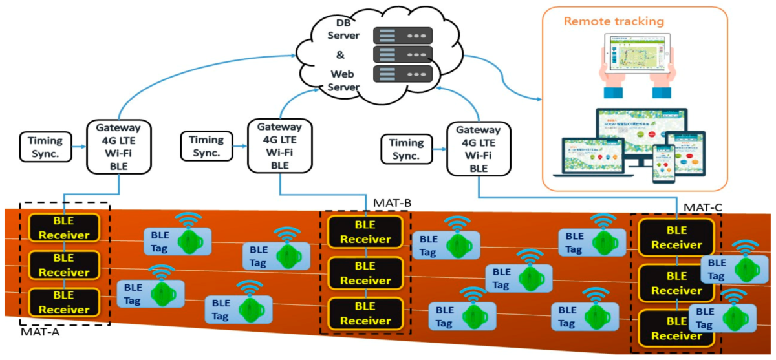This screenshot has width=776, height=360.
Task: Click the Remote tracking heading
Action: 614,21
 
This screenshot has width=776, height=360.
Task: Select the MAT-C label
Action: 703,207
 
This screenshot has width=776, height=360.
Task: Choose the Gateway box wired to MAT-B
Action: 279,146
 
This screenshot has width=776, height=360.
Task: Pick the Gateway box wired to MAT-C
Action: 479,149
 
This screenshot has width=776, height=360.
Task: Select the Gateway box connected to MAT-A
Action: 118,147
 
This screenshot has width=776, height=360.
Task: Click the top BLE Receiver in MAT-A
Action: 64,228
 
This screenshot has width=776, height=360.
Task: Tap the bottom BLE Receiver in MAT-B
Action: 365,313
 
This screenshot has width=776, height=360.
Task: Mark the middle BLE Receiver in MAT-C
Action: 676,283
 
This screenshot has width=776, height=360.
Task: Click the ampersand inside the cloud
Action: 340,55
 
